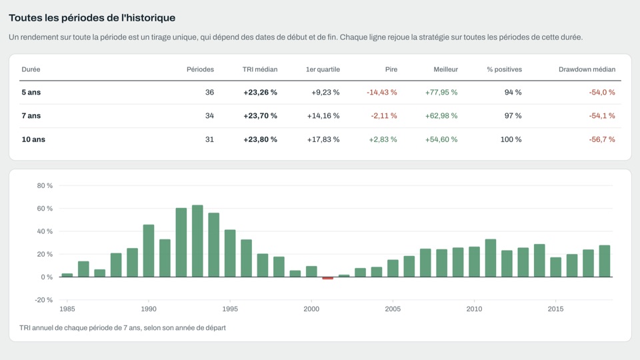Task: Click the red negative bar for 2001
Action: tap(328, 279)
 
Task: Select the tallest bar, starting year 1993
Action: tap(197, 241)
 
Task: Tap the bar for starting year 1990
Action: tap(149, 251)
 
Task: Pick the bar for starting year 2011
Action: tap(491, 258)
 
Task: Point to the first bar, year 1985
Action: tap(67, 275)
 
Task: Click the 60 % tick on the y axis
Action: tap(45, 209)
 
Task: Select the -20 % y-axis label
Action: tap(44, 300)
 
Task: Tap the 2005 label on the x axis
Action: tap(393, 309)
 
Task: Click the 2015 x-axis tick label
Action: tap(555, 309)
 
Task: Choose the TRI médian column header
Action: tap(260, 69)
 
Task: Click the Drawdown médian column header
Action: tap(587, 69)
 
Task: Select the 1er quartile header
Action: tap(323, 69)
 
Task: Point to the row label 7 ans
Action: tap(31, 116)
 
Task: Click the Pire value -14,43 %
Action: tap(381, 92)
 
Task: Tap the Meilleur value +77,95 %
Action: tap(441, 92)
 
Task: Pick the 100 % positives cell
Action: tap(511, 139)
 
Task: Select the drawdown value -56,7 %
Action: tap(602, 139)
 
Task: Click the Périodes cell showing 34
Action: tap(209, 116)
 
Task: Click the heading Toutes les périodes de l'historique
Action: tap(92, 18)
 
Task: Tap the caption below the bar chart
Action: tap(123, 328)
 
